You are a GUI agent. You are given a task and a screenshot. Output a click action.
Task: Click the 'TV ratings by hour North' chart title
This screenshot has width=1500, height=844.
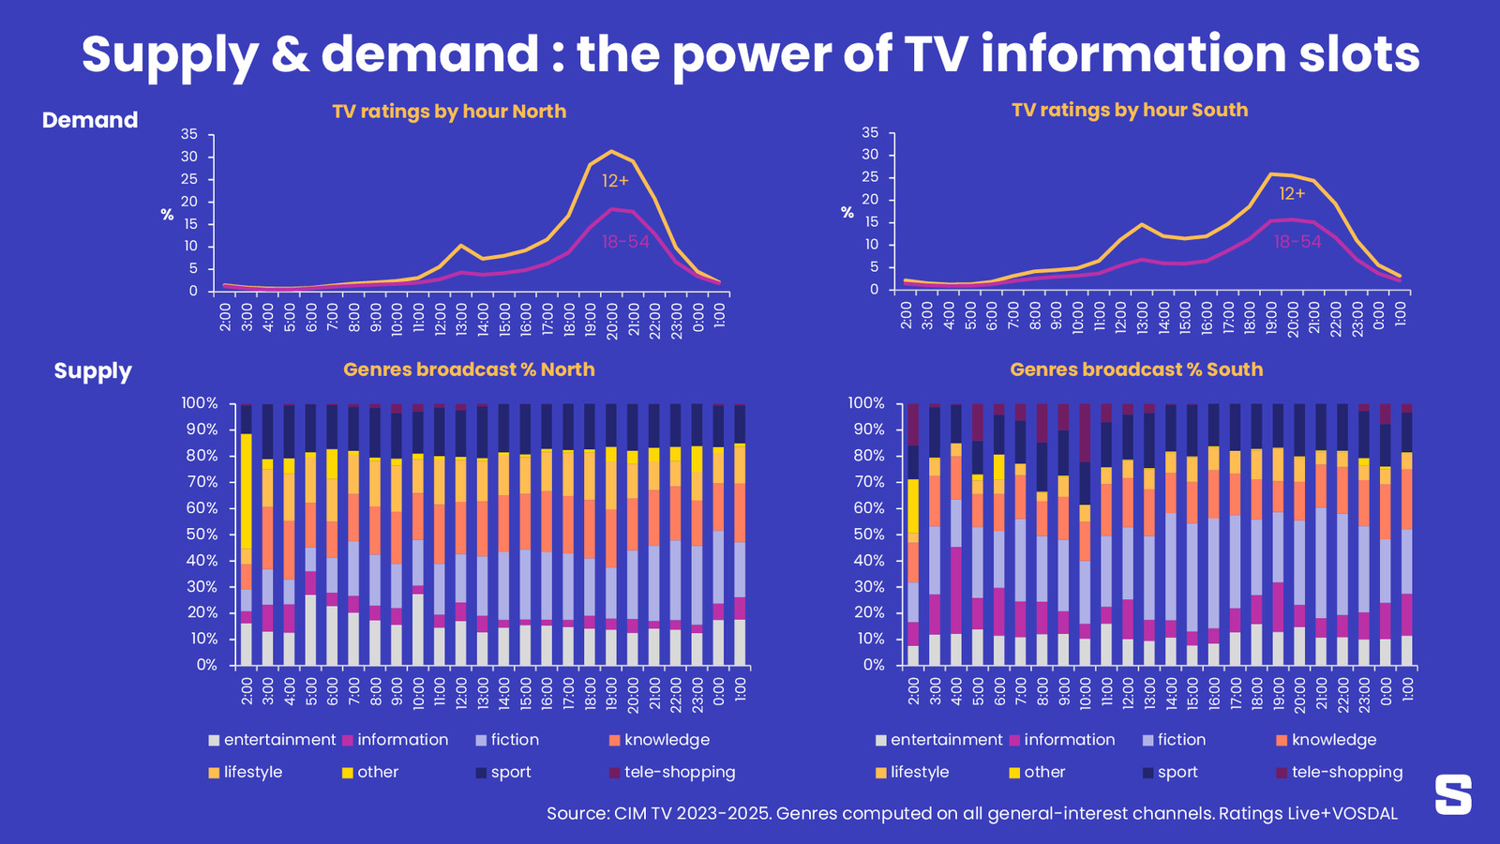click(x=449, y=112)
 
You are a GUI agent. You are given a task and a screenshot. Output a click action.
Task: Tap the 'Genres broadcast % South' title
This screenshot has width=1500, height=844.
click(x=1136, y=369)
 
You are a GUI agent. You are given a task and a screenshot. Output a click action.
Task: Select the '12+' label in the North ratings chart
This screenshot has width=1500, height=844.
click(x=615, y=181)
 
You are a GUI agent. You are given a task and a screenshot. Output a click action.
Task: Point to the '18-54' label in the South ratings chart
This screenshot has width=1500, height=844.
click(x=1297, y=242)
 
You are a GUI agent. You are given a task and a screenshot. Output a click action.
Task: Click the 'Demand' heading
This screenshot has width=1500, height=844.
click(x=90, y=120)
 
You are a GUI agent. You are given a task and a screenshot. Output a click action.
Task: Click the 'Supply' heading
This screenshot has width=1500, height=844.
click(x=93, y=370)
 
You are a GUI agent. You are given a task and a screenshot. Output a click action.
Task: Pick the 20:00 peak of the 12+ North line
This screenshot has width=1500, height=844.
click(x=612, y=151)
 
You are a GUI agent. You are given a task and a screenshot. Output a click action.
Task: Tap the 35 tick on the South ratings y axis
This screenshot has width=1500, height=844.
click(x=870, y=133)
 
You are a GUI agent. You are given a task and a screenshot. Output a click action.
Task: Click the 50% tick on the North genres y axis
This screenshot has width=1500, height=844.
click(x=199, y=535)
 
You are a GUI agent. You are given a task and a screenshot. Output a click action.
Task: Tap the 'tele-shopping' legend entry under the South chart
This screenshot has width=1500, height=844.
click(x=1346, y=772)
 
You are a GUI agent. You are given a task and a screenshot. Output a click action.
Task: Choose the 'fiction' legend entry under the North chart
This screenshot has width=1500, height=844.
click(x=515, y=740)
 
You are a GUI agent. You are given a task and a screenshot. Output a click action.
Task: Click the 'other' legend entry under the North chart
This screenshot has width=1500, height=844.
click(x=377, y=772)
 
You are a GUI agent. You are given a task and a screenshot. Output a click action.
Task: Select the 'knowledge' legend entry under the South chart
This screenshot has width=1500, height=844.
click(x=1333, y=740)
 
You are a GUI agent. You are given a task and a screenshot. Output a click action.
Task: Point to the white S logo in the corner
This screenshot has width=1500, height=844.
click(x=1453, y=794)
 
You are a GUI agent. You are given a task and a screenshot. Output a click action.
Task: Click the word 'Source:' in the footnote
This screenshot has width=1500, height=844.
click(x=577, y=813)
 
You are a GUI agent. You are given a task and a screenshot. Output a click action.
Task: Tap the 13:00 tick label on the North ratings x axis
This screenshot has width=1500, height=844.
click(x=461, y=317)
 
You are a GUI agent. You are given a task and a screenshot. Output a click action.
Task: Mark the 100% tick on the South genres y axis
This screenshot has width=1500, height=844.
click(x=865, y=403)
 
